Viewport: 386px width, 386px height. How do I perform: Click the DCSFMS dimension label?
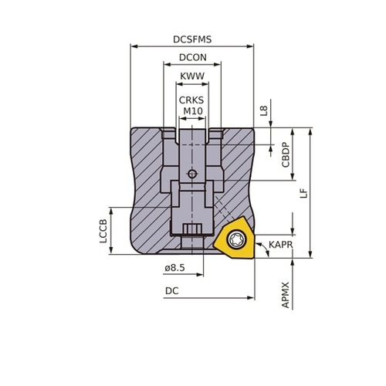(192, 39)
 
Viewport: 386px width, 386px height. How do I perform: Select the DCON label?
(193, 57)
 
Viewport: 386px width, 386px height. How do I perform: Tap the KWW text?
(192, 76)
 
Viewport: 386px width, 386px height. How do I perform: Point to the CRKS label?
(191, 100)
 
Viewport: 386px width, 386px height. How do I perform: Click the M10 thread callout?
(193, 111)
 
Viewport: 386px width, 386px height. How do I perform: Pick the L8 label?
(264, 110)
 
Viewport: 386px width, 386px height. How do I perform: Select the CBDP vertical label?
(286, 155)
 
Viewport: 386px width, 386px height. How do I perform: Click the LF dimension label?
(304, 193)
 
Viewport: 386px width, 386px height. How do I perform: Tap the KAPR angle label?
(281, 245)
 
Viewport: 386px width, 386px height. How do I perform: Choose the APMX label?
(286, 295)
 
